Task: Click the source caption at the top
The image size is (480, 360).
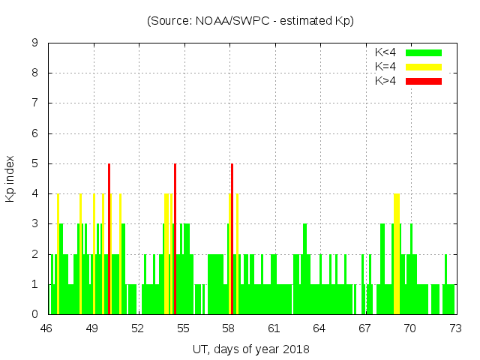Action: pyautogui.click(x=250, y=21)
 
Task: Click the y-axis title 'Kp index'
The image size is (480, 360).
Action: pyautogui.click(x=10, y=178)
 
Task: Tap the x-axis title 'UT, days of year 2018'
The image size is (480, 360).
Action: pyautogui.click(x=250, y=349)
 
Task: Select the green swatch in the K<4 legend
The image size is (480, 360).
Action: pyautogui.click(x=424, y=52)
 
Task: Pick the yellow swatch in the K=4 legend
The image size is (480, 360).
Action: pyautogui.click(x=424, y=67)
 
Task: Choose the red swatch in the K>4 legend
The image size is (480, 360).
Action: pyautogui.click(x=424, y=80)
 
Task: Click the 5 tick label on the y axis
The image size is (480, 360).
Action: pyautogui.click(x=34, y=163)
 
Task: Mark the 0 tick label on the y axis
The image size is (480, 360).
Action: pyautogui.click(x=34, y=314)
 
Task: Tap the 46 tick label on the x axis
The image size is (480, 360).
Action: pyautogui.click(x=46, y=328)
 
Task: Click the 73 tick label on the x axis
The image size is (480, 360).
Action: pyautogui.click(x=454, y=328)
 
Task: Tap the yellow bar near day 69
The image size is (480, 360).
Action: pyautogui.click(x=397, y=255)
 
